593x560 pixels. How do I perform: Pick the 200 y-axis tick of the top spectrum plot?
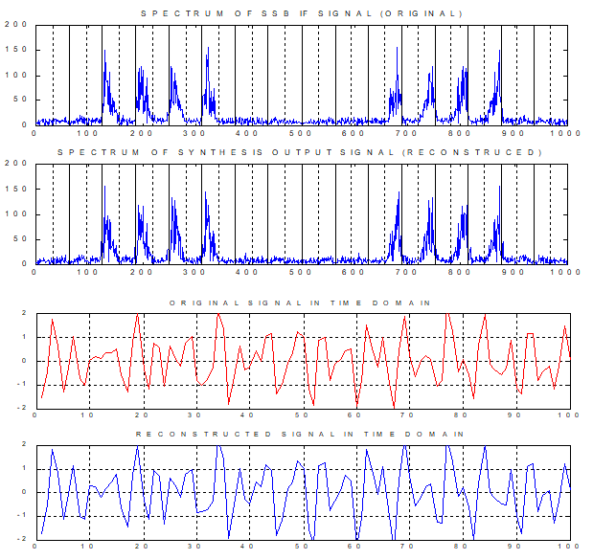tap(16, 24)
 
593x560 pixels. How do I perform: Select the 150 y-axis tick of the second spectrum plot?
tap(16, 189)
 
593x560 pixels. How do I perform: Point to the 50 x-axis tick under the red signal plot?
tap(302, 415)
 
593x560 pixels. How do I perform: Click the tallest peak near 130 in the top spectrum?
tap(104, 51)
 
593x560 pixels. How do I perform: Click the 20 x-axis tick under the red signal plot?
tap(142, 415)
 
